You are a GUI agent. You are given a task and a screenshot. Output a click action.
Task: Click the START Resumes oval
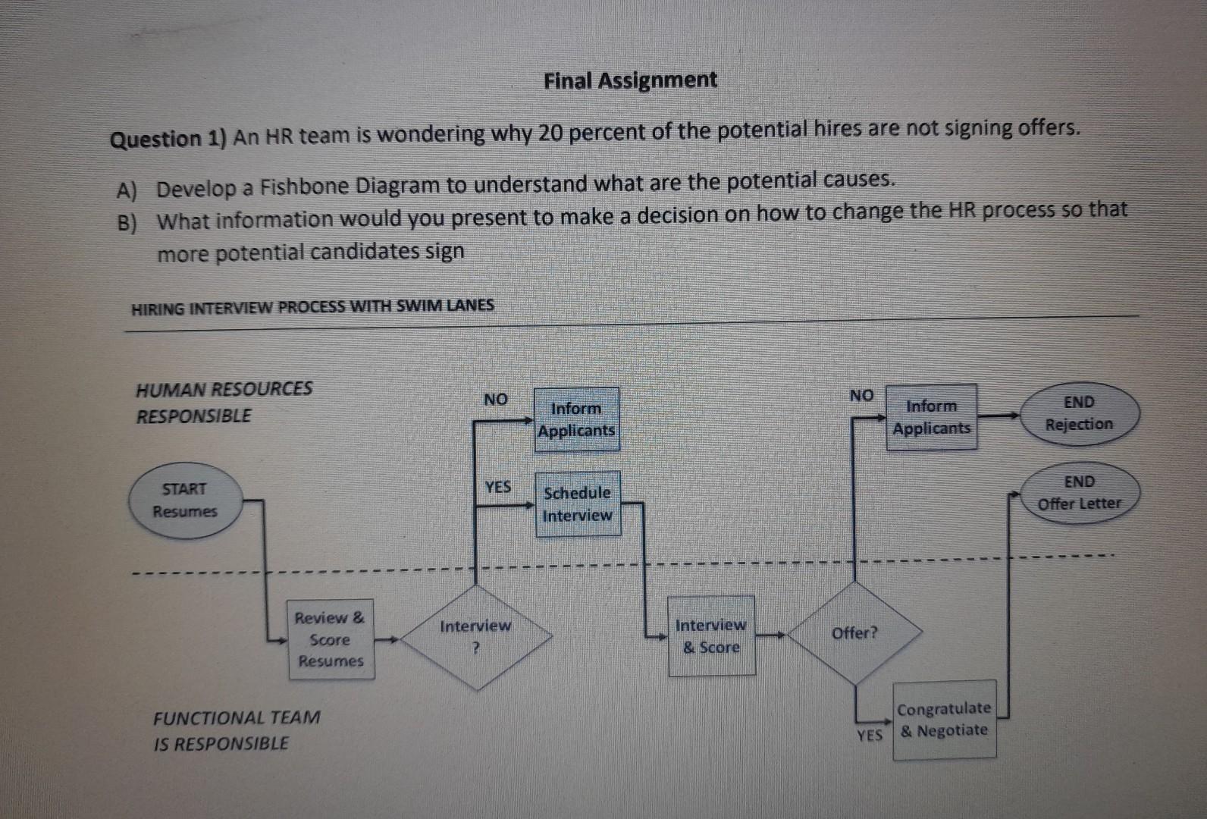click(x=184, y=500)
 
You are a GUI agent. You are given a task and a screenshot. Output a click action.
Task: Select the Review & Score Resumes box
click(x=331, y=639)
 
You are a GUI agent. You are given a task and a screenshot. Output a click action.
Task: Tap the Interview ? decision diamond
click(x=475, y=637)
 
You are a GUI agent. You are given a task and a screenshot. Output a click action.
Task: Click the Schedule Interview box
click(x=578, y=504)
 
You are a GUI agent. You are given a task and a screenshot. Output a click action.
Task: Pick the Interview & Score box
click(x=711, y=635)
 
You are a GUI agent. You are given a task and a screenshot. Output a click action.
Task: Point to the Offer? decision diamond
click(x=854, y=633)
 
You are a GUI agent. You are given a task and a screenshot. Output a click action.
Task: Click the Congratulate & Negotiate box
click(x=944, y=720)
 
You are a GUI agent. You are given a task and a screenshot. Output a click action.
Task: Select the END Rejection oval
click(x=1079, y=413)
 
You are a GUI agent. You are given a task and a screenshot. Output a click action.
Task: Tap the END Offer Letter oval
click(x=1079, y=493)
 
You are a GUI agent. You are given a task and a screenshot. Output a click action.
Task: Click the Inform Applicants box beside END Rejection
click(x=932, y=417)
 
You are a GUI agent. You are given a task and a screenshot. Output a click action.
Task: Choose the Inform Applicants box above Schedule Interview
click(x=576, y=419)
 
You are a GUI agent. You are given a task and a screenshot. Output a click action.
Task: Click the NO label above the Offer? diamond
click(x=861, y=395)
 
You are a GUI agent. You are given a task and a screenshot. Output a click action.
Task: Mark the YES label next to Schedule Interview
click(x=497, y=487)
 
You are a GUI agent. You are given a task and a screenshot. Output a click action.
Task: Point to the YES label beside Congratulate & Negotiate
click(x=870, y=735)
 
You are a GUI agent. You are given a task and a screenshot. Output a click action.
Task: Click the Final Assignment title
click(x=630, y=80)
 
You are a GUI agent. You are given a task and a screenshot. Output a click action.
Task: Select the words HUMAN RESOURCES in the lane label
click(x=224, y=389)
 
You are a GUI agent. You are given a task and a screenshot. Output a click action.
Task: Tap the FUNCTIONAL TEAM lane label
click(x=237, y=717)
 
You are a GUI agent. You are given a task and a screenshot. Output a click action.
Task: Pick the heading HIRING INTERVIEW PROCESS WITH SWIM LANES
click(x=312, y=307)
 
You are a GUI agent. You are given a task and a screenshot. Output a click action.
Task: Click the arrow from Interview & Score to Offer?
click(x=772, y=635)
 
